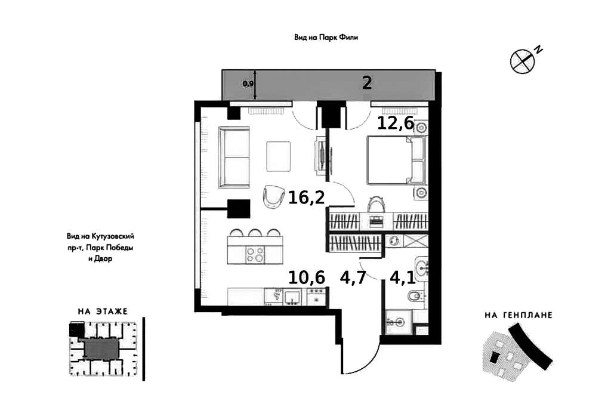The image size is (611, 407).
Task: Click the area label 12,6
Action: [396, 123]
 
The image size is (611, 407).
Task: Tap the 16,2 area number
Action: [306, 198]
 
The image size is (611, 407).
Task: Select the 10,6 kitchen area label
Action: [307, 277]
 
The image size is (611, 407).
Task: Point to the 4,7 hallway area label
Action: [353, 277]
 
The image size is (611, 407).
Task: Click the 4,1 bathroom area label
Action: [403, 277]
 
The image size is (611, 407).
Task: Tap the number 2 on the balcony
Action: [367, 83]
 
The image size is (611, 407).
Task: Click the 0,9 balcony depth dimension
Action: [248, 84]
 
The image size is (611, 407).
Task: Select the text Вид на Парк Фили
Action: [326, 38]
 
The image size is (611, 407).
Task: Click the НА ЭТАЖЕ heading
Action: [103, 312]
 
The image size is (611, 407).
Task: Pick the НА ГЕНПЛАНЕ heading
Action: [519, 315]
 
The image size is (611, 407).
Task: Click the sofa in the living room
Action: [234, 158]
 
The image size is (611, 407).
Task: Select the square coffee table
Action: [278, 156]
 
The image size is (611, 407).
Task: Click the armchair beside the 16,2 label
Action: [273, 196]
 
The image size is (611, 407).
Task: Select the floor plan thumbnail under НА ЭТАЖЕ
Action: [103, 348]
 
